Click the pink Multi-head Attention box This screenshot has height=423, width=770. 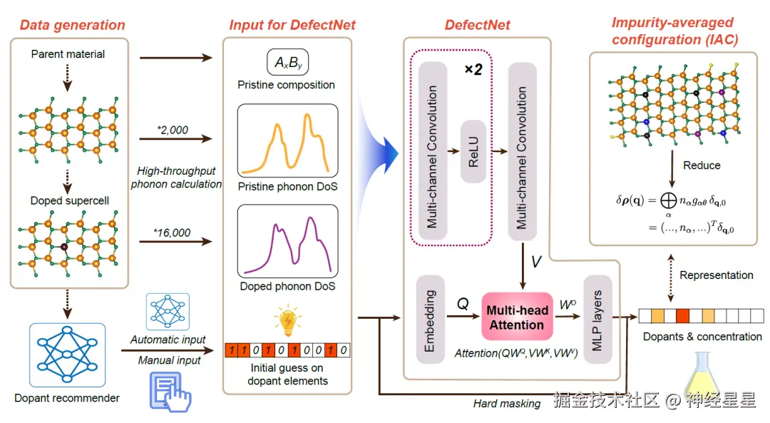pyautogui.click(x=517, y=317)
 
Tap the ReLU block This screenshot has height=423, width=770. pyautogui.click(x=473, y=151)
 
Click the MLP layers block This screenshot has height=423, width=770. pyautogui.click(x=597, y=320)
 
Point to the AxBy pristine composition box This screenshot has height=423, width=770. pyautogui.click(x=288, y=62)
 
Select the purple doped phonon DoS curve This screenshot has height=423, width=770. pyautogui.click(x=288, y=245)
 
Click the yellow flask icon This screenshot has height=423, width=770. pyautogui.click(x=703, y=376)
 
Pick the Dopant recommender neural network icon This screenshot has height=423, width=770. pyautogui.click(x=67, y=355)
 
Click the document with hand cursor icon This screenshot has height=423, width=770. pyautogui.click(x=170, y=392)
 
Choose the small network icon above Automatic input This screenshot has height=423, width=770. pyautogui.click(x=168, y=312)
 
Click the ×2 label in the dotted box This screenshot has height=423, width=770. pyautogui.click(x=473, y=70)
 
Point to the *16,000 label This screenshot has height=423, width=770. pyautogui.click(x=172, y=233)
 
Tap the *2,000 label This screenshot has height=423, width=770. pyautogui.click(x=173, y=131)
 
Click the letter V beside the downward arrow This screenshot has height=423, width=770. pyautogui.click(x=536, y=261)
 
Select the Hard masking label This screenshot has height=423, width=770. pyautogui.click(x=507, y=403)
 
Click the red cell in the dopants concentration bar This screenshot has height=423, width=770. pyautogui.click(x=682, y=315)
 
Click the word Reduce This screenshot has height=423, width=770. pyautogui.click(x=702, y=165)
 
